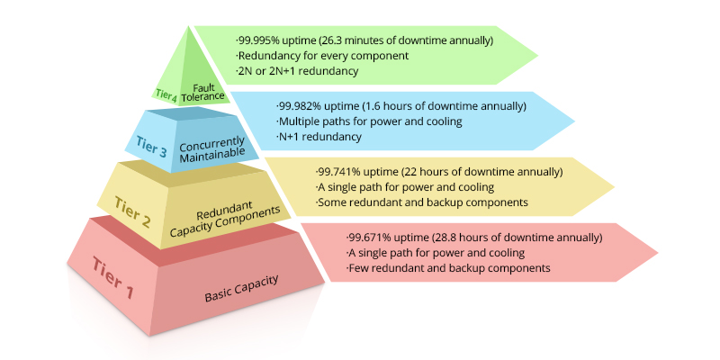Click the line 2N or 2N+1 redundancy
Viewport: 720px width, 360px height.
pos(298,71)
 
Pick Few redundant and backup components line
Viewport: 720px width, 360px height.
pos(449,268)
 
